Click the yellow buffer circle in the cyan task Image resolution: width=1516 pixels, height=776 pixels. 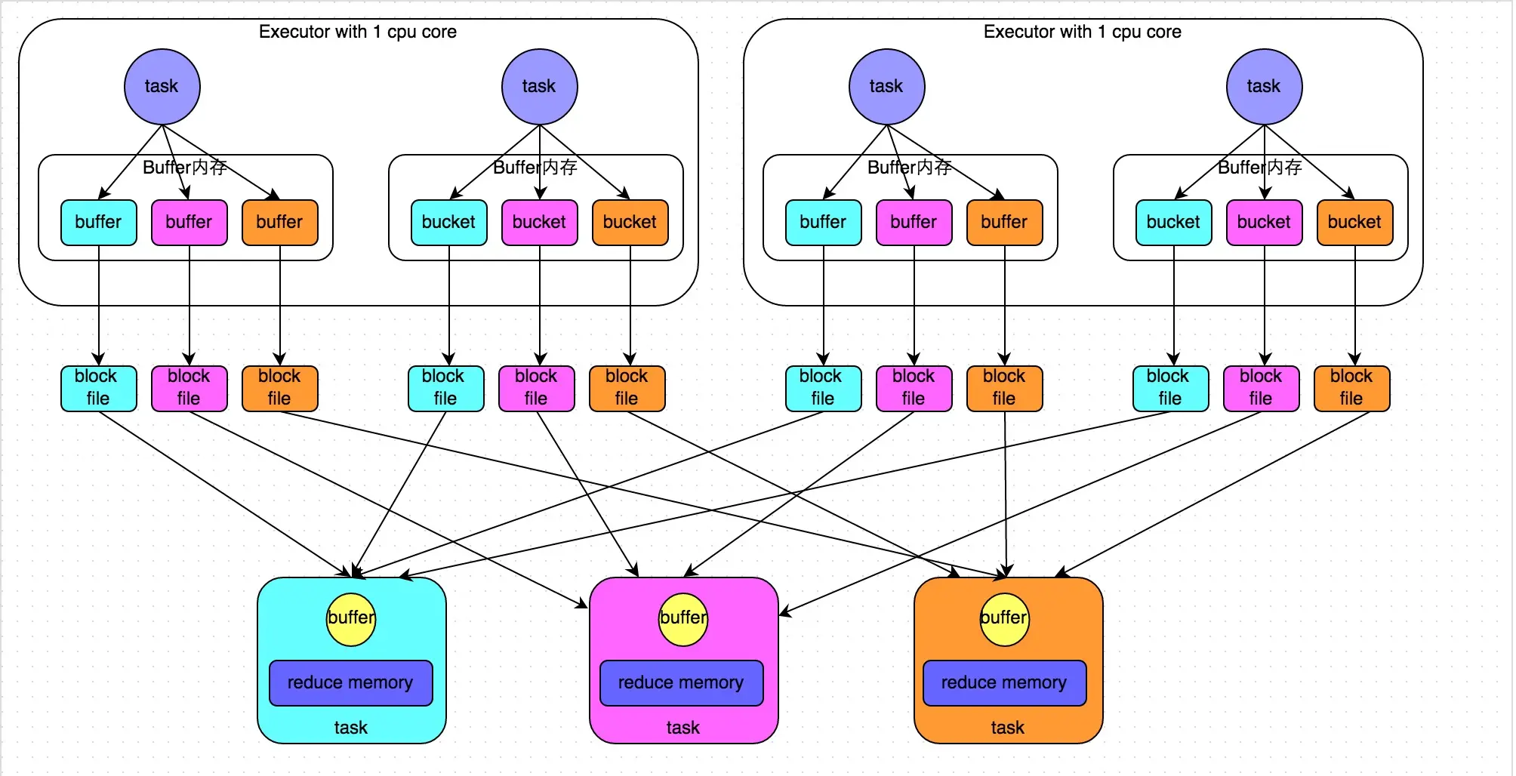[x=351, y=619]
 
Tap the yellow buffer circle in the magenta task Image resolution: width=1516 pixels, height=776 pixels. [x=683, y=619]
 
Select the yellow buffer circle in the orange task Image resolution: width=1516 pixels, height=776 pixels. [x=1004, y=619]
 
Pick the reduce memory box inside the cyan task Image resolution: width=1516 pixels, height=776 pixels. [x=351, y=683]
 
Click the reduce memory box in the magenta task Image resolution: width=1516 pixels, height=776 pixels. [x=682, y=683]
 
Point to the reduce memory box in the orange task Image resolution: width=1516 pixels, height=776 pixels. [x=1005, y=683]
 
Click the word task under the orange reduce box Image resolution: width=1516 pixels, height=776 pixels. [x=1008, y=728]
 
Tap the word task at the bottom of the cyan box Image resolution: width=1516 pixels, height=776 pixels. [x=351, y=728]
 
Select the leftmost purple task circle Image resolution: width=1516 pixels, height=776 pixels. [x=162, y=87]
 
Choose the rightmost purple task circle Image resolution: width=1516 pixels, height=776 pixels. [x=1265, y=87]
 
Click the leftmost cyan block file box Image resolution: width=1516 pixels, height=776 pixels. [x=99, y=388]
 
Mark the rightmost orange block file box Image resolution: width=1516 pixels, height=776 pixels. [x=1352, y=388]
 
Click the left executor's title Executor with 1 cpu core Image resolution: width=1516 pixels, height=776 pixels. [x=358, y=32]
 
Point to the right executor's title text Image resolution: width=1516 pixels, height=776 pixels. [x=1083, y=32]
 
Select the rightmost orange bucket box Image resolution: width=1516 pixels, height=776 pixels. [x=1355, y=223]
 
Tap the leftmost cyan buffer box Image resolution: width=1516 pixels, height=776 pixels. [x=99, y=223]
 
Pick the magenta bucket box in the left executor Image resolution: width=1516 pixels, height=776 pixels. [x=540, y=223]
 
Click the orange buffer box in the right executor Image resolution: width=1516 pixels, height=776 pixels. [x=1005, y=223]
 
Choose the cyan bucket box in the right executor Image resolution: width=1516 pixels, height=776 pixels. [x=1174, y=223]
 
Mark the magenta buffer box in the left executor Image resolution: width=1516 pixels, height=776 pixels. [x=189, y=223]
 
